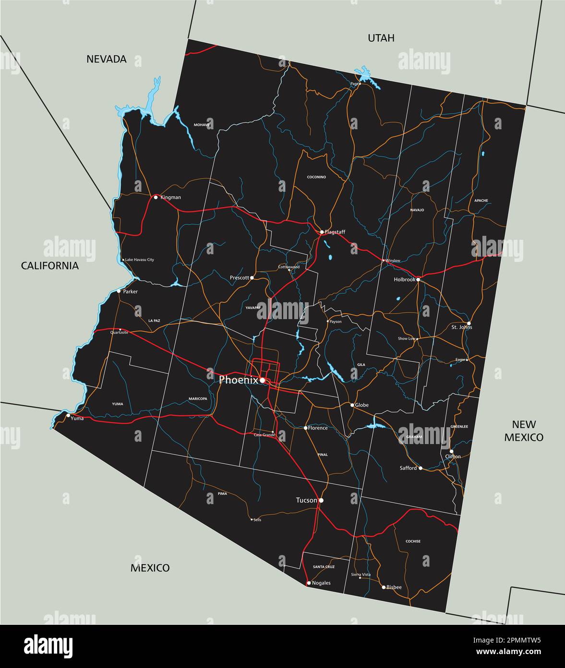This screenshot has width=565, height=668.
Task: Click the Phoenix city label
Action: pyautogui.click(x=239, y=380)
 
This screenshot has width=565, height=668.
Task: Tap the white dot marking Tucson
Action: pyautogui.click(x=321, y=500)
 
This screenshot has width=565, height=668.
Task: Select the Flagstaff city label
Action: pyautogui.click(x=335, y=232)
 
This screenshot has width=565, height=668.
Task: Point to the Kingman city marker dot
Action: pyautogui.click(x=156, y=197)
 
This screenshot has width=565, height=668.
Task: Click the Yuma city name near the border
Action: pyautogui.click(x=77, y=418)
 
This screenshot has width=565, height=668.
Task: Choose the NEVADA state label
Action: pyautogui.click(x=107, y=59)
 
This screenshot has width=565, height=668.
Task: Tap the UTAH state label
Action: pyautogui.click(x=381, y=38)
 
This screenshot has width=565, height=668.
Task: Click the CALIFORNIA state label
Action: pyautogui.click(x=50, y=266)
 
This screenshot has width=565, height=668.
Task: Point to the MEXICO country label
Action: pyautogui.click(x=150, y=568)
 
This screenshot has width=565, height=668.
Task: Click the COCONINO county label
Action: pyautogui.click(x=316, y=177)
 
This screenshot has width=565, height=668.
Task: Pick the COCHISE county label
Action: pyautogui.click(x=413, y=541)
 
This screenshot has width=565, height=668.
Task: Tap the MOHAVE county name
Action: pyautogui.click(x=202, y=125)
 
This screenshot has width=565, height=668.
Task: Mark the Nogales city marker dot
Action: pyautogui.click(x=308, y=583)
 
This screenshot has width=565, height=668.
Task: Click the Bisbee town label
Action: pyautogui.click(x=394, y=587)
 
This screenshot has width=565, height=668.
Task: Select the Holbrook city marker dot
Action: pyautogui.click(x=418, y=279)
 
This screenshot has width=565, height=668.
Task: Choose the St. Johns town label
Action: pyautogui.click(x=462, y=327)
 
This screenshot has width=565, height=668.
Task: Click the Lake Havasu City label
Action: pyautogui.click(x=140, y=260)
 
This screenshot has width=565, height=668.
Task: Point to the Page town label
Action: pyautogui.click(x=355, y=84)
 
